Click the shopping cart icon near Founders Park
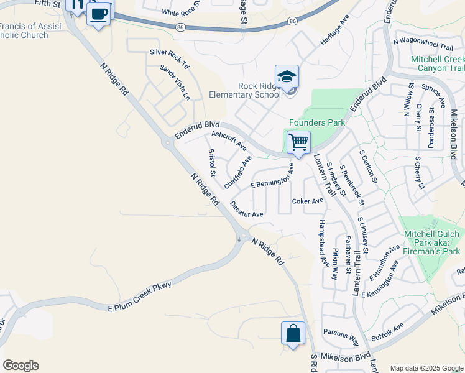click(x=298, y=142)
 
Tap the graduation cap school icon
click(x=287, y=77)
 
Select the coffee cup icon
click(x=98, y=13)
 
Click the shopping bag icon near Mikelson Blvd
click(x=293, y=334)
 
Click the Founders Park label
click(x=317, y=123)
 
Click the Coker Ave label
click(x=308, y=201)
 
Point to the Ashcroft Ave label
click(x=229, y=140)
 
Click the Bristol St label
click(x=212, y=162)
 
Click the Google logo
click(x=21, y=366)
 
